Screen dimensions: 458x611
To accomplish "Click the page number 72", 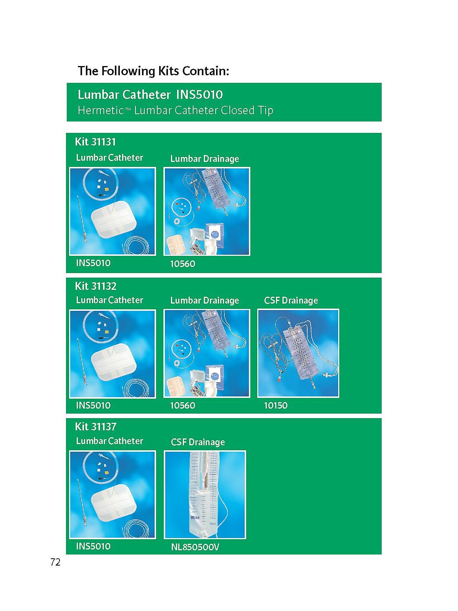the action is click(x=55, y=562).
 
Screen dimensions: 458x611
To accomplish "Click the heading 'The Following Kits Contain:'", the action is click(x=153, y=71).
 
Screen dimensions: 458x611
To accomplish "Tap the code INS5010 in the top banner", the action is click(x=199, y=95).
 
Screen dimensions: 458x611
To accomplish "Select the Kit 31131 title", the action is click(x=95, y=142).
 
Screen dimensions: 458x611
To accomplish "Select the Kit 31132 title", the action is click(x=95, y=286).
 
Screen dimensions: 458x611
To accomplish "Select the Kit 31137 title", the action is click(x=95, y=427).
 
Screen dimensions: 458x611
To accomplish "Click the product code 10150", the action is click(x=276, y=405).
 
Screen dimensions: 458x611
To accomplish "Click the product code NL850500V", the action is click(x=195, y=547).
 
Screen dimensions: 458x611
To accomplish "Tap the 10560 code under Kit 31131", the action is click(x=182, y=263).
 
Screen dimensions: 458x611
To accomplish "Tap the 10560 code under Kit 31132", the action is click(x=182, y=405).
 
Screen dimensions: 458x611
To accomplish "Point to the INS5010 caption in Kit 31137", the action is click(x=93, y=546).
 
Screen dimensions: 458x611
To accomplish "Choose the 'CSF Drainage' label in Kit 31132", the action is click(x=291, y=301).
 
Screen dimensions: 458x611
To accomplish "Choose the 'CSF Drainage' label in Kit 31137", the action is click(x=198, y=442).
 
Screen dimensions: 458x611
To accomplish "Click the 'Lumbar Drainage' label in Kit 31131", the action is click(x=205, y=158).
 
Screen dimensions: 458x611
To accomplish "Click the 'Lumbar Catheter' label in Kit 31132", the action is click(x=109, y=300).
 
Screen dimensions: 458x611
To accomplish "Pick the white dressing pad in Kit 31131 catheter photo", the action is click(x=114, y=220).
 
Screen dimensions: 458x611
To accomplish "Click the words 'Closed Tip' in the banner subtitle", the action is click(x=247, y=110).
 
